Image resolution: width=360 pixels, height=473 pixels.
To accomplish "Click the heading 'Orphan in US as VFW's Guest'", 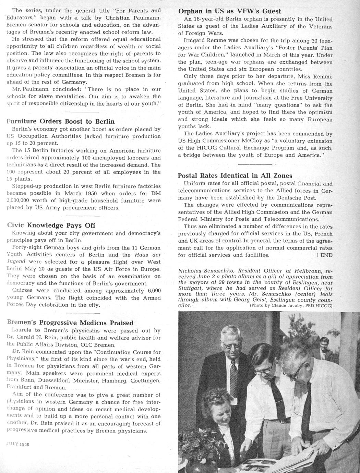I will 229,11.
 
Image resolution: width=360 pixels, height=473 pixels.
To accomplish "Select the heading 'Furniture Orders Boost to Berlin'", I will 61,121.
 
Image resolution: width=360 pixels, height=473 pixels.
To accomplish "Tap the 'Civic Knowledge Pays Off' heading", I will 51,225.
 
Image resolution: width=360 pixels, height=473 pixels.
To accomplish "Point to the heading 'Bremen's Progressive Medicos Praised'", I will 70,323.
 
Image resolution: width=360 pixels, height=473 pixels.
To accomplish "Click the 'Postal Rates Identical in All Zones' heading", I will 235,175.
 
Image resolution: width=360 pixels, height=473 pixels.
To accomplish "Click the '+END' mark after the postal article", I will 323,255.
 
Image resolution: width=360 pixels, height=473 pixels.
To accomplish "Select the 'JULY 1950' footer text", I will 18,444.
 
